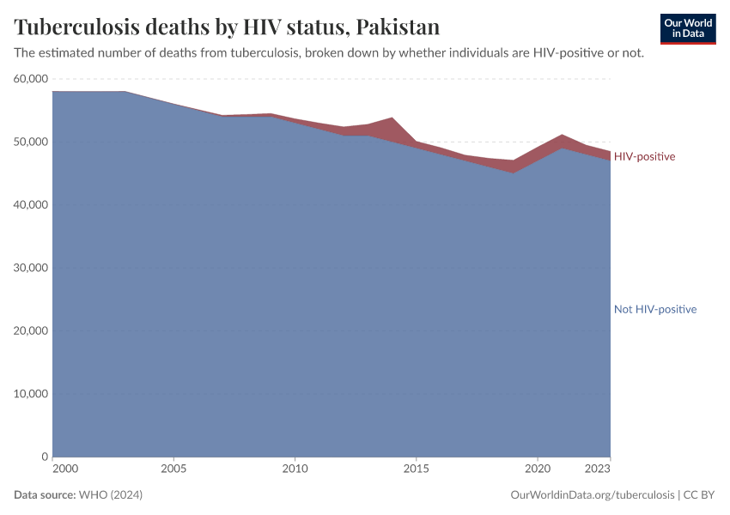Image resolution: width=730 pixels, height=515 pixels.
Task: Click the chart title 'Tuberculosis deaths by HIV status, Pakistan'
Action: pos(227,27)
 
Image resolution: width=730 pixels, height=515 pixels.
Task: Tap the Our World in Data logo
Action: pos(687,28)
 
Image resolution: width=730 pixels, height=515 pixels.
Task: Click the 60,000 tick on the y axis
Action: pos(32,79)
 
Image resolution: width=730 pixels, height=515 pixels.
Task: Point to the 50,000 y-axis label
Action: pos(32,142)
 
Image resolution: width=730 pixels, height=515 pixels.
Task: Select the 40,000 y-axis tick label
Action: pos(32,205)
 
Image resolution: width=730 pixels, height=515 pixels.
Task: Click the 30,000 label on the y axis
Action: pos(32,268)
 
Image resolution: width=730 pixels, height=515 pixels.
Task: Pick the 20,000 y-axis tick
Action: pos(32,331)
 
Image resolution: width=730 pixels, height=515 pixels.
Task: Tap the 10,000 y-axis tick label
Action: pos(32,394)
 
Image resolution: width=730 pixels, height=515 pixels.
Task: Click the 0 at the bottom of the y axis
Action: pos(45,457)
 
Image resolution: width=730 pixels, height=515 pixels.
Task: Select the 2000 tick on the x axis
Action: pos(64,470)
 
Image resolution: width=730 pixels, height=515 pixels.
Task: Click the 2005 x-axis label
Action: pos(173,470)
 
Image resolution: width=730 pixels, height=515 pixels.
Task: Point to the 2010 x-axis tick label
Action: pos(295,470)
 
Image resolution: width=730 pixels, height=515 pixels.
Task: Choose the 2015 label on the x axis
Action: pos(416,470)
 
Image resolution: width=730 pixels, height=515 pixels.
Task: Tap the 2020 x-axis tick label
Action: pos(537,470)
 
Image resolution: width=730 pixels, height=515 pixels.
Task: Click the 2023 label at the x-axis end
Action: pos(598,470)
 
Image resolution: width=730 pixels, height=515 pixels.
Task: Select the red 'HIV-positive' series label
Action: pos(644,157)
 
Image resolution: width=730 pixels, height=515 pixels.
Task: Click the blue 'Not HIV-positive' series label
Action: pos(654,309)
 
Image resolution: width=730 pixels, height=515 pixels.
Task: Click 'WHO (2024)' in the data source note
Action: pos(110,495)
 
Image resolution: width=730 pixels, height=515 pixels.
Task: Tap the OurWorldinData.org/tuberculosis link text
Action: pos(592,495)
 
